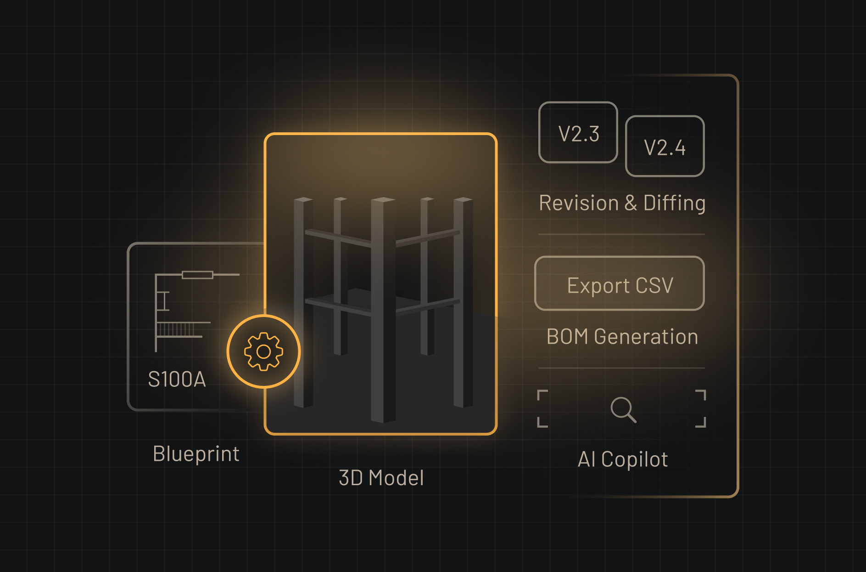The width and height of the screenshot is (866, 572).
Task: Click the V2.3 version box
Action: [578, 133]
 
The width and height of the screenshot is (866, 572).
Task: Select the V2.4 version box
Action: [665, 147]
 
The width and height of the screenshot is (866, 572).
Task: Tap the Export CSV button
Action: [620, 284]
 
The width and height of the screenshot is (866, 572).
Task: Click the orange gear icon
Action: [263, 351]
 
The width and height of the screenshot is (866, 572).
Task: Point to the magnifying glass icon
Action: [623, 408]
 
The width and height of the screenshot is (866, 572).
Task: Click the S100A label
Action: [177, 379]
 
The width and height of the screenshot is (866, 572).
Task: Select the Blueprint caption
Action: [196, 454]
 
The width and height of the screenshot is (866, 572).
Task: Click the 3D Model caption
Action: [381, 478]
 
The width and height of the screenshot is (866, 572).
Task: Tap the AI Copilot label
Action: [622, 459]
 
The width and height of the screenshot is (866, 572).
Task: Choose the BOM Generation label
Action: [622, 337]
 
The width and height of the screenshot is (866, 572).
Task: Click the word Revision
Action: [578, 203]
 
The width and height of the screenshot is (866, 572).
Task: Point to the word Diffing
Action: [674, 203]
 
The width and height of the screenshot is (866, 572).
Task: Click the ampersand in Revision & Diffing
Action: [631, 203]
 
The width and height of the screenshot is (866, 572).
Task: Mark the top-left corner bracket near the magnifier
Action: [542, 395]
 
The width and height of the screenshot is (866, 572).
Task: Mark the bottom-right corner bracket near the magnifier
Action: [701, 422]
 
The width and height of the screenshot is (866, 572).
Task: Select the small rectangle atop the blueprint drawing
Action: [197, 275]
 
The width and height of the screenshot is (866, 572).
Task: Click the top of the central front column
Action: [383, 200]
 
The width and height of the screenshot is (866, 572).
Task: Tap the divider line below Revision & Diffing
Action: [621, 234]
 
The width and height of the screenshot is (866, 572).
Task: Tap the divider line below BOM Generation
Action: [621, 368]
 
